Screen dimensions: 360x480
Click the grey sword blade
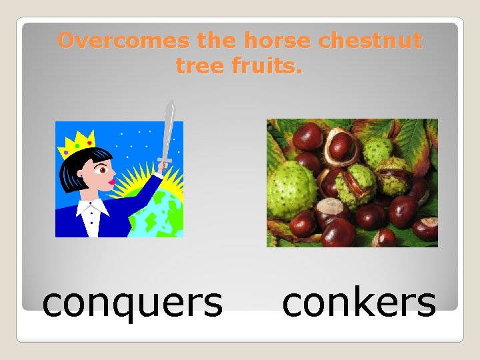coord(168,130)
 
